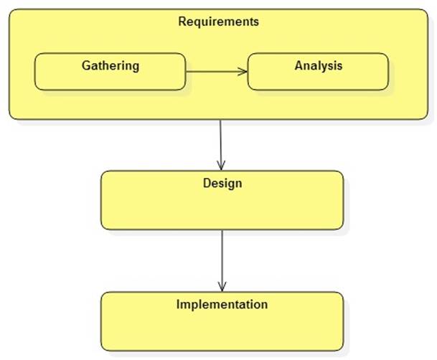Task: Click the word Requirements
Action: [218, 22]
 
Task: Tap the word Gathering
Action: [110, 66]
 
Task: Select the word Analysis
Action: [318, 66]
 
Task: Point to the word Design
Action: [222, 184]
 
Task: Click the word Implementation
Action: [222, 305]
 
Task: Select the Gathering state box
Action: [110, 79]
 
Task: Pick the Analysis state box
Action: [318, 79]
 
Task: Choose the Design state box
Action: [222, 208]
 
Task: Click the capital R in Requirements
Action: [182, 22]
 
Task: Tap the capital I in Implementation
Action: [179, 305]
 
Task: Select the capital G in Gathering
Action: [85, 66]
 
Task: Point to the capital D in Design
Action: [207, 184]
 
